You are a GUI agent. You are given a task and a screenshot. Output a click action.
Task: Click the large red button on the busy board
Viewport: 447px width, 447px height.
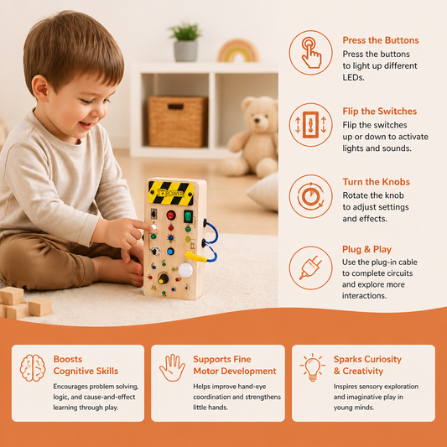click(171, 215)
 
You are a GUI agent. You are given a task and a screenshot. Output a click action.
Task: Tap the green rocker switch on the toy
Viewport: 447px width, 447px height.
click(188, 216)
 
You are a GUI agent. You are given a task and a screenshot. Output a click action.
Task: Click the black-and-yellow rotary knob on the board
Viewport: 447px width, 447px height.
click(163, 278)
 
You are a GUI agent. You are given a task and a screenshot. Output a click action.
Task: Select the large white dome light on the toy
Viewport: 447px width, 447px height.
click(185, 270)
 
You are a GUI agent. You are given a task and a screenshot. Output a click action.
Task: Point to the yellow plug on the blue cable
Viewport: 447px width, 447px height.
click(195, 257)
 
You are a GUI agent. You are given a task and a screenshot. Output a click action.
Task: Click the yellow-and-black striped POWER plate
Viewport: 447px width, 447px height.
click(171, 193)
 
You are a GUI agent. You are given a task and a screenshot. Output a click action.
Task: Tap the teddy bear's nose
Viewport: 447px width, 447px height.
click(257, 120)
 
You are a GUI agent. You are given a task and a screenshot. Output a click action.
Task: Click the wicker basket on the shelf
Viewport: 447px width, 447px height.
click(178, 122)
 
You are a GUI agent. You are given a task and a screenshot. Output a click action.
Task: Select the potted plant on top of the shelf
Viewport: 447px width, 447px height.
click(186, 43)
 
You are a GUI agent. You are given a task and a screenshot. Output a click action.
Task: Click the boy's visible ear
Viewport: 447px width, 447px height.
click(40, 88)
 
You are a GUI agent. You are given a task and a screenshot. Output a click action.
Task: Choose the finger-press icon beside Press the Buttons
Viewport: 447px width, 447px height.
click(311, 53)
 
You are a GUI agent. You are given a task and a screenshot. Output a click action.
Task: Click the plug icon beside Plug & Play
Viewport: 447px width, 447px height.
click(311, 268)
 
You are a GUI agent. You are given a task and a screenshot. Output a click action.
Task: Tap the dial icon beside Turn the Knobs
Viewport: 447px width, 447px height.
click(311, 197)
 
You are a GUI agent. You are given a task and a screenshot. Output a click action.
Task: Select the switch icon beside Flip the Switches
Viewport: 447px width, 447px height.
click(311, 125)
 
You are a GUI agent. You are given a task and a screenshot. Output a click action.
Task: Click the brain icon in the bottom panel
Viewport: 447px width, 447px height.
click(33, 368)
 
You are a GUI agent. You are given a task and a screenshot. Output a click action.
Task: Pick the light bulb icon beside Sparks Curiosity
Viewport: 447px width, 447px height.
click(313, 367)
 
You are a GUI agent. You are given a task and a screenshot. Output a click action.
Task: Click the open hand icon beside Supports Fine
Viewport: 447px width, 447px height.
click(172, 368)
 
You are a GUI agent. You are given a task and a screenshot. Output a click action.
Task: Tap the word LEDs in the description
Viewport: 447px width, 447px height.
click(354, 77)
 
